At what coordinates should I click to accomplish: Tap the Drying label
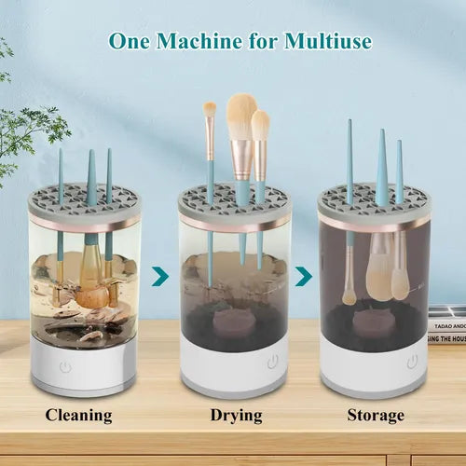(231, 416)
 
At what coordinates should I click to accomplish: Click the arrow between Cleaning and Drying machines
(159, 276)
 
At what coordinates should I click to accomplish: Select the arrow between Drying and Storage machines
(302, 276)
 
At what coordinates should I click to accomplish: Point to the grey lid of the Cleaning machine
(84, 199)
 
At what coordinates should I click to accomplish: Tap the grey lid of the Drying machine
(234, 199)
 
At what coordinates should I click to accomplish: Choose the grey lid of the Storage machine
(374, 199)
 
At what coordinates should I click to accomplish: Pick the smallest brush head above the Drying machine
(211, 109)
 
